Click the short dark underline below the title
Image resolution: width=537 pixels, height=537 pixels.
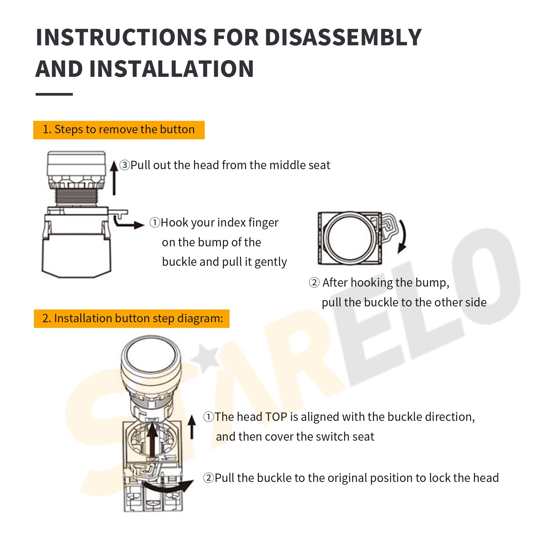54,94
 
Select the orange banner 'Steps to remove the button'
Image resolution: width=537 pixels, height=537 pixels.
119,130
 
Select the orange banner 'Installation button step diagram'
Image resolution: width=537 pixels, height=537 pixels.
132,319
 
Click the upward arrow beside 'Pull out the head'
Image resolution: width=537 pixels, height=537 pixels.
114,178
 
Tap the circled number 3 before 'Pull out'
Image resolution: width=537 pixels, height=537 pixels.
125,165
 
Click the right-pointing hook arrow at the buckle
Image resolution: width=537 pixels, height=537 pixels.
129,223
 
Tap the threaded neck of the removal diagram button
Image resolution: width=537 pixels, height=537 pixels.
77,197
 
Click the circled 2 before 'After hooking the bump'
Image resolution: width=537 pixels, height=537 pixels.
314,283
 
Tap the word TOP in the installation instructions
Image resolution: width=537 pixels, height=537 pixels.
276,417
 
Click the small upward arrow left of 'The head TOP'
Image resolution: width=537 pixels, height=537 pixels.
192,426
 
